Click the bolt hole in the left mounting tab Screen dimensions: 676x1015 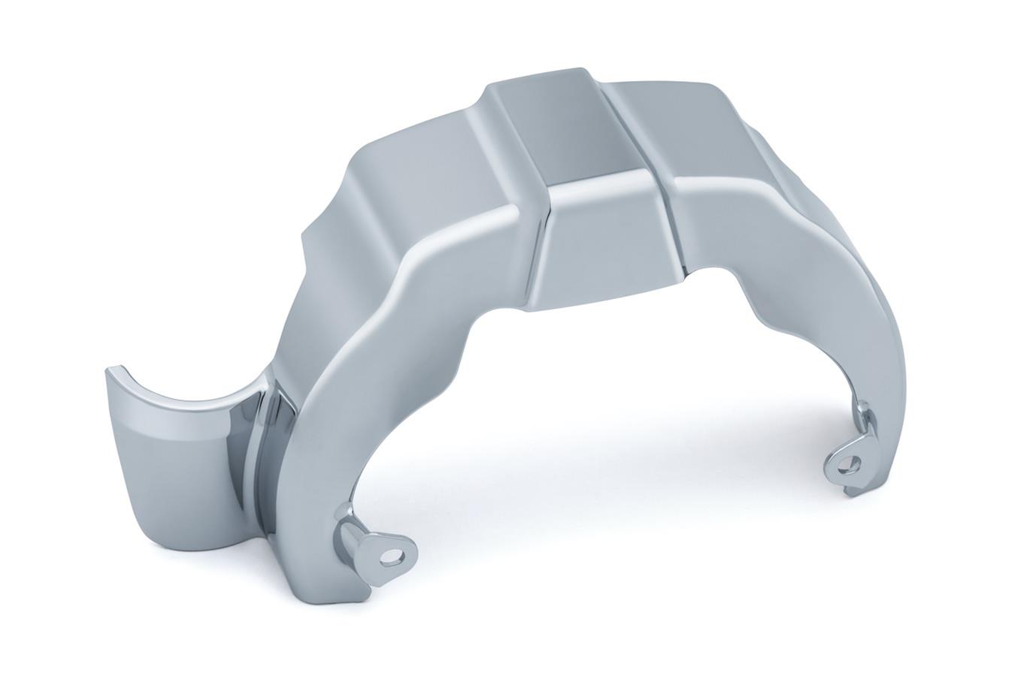(x=389, y=556)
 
